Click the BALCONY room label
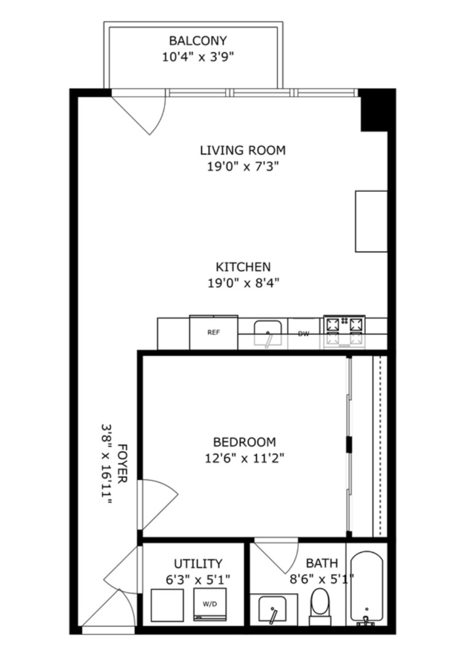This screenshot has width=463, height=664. [x=197, y=41]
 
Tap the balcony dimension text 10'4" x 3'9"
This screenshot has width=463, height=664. [x=197, y=57]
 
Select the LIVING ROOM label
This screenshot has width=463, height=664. [x=242, y=150]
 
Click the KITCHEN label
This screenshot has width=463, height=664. [x=242, y=267]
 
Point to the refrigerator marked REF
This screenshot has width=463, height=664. [x=213, y=333]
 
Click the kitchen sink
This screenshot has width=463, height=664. [x=268, y=333]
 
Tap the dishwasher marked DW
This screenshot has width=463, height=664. [x=303, y=334]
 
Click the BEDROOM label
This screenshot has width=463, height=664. [x=244, y=441]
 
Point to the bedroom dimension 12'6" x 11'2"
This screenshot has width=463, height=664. [x=244, y=457]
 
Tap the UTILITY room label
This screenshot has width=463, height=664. [x=197, y=563]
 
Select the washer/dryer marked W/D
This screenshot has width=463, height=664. [x=210, y=604]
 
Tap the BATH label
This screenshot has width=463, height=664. [x=322, y=563]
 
